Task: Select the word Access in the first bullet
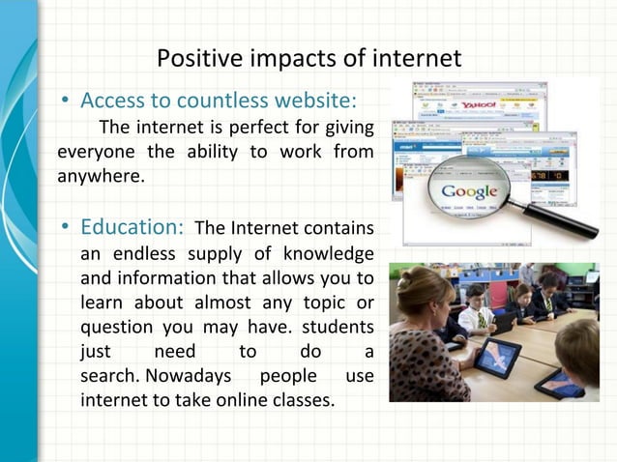[x=111, y=101]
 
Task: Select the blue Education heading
[x=132, y=227]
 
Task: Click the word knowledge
[x=329, y=254]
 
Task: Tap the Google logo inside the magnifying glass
[x=469, y=190]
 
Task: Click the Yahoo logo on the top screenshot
[x=477, y=104]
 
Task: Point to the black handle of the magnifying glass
[x=565, y=219]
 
